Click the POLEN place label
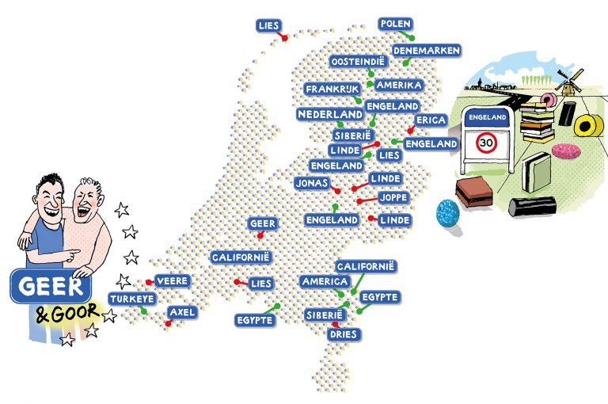tap(397, 24)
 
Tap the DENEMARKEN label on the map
tap(427, 50)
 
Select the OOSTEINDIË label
tap(357, 61)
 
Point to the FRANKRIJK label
tap(332, 89)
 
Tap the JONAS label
tap(312, 182)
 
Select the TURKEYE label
tap(132, 299)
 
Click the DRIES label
tap(344, 334)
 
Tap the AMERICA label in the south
tap(325, 282)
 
